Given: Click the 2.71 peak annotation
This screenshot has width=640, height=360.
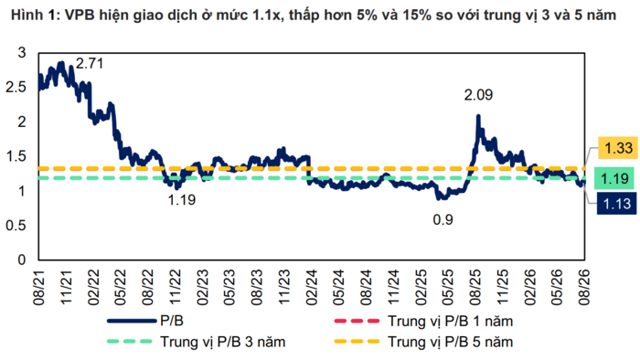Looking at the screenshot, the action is tap(90, 64).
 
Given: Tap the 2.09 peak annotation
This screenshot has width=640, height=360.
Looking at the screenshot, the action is tap(478, 95).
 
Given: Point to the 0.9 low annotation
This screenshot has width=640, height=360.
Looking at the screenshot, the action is tap(443, 220).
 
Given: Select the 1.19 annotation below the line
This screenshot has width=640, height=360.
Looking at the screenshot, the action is tap(182, 200).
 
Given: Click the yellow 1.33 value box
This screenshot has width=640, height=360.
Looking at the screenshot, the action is tap(618, 148).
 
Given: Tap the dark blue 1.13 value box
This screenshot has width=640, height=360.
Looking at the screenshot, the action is tap(617, 203).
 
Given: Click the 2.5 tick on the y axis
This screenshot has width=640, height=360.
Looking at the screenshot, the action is tap(16, 87).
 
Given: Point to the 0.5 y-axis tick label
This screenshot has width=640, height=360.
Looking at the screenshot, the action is tap(16, 226).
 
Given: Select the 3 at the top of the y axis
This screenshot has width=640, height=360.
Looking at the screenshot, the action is tap(22, 53).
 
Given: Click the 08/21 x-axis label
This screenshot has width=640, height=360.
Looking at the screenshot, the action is tap(39, 287).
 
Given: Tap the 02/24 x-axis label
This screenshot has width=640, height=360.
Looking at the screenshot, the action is tap(312, 287).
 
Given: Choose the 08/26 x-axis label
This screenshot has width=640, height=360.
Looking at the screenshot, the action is tap(584, 287).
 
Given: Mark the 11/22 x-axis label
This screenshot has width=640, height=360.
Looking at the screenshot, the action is tap(176, 287).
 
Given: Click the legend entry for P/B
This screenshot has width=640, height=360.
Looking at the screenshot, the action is tap(145, 321).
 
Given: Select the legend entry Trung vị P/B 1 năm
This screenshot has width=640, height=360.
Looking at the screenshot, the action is tap(423, 321).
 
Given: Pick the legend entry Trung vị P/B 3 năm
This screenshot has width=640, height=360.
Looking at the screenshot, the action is tap(196, 342).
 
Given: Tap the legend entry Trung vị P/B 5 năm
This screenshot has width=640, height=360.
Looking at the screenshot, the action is tap(423, 342).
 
